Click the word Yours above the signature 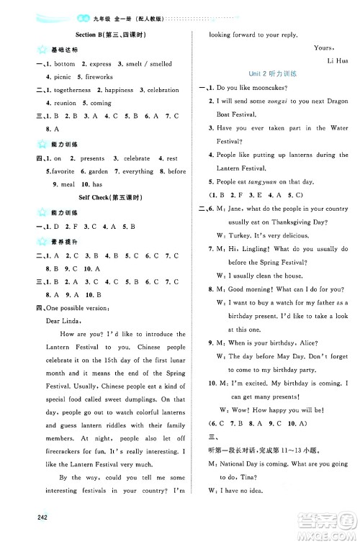coord(324,47)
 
